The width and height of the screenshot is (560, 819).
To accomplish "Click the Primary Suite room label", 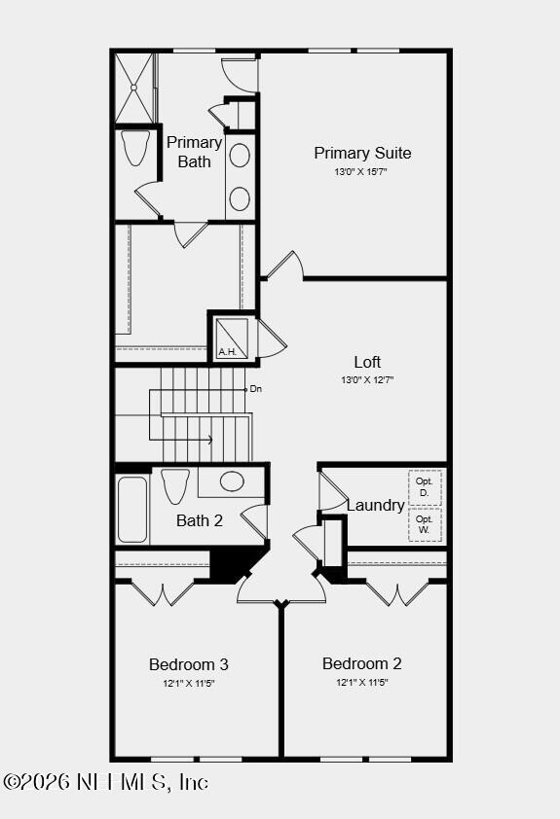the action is point(362,153).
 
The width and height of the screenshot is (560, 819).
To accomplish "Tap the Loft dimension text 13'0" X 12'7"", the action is point(367,379).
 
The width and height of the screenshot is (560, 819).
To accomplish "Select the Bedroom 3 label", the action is point(189,664).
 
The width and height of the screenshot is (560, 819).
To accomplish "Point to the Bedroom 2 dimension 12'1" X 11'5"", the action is point(362,682).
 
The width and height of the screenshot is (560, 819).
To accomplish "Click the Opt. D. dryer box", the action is point(425,487).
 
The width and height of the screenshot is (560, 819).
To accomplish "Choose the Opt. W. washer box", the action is point(425,525).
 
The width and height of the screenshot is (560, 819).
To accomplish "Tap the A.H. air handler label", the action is point(228,352).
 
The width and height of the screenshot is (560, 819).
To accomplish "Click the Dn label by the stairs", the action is point(256,389).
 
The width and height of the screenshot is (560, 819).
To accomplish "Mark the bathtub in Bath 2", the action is point(131,510).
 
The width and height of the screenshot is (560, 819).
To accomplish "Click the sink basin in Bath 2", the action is point(232,481).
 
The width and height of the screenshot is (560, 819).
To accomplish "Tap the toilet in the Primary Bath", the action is point(135,147).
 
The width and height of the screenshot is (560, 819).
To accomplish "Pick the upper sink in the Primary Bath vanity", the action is point(240,156).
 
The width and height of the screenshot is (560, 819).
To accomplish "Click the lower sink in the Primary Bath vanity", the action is point(240,199).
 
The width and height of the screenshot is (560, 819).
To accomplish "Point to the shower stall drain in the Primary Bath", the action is point(133,88).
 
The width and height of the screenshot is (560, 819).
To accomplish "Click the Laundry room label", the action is point(375,505).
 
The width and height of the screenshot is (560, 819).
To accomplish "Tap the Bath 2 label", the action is point(200,520).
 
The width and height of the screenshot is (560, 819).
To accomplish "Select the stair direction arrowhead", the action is point(209,440).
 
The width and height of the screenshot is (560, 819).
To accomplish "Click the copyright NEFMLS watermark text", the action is point(105,782).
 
